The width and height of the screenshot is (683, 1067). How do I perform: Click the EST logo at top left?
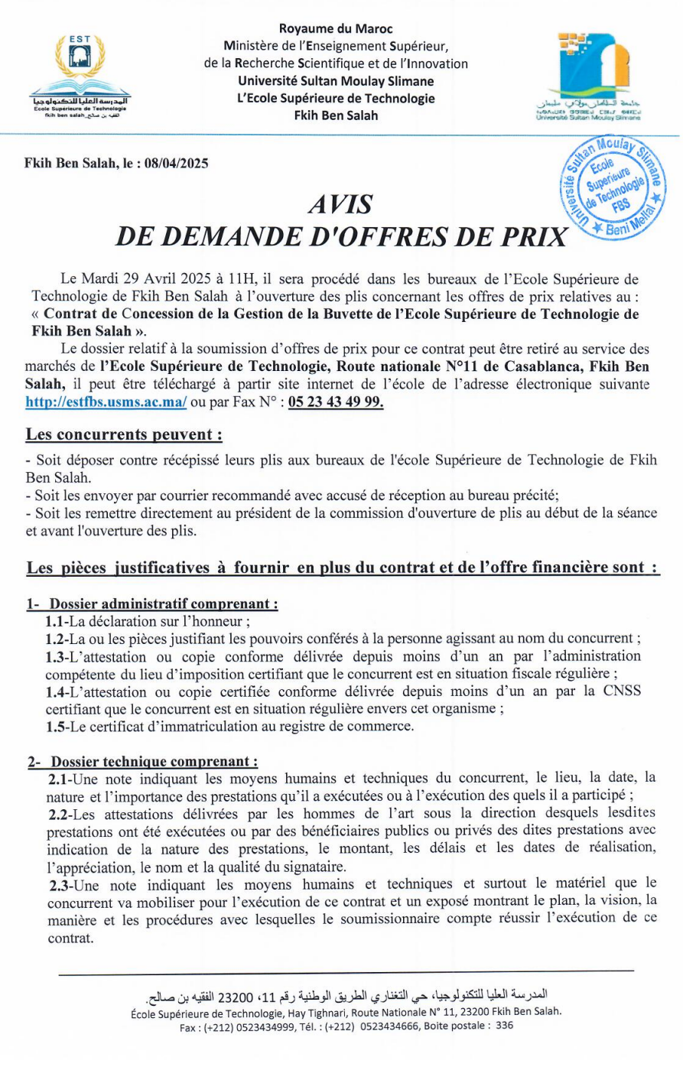[80, 75]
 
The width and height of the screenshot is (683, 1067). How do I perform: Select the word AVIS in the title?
[340, 205]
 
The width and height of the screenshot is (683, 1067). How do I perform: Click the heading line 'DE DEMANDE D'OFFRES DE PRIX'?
[341, 236]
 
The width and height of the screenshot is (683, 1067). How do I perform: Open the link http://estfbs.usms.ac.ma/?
[106, 402]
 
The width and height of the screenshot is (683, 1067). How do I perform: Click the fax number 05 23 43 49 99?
[336, 402]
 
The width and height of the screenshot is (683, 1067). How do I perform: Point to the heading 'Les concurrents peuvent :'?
[124, 434]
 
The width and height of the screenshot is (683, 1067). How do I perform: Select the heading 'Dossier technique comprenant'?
[154, 762]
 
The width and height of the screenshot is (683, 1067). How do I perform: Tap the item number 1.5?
[56, 726]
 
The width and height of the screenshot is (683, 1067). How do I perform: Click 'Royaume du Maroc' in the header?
[336, 29]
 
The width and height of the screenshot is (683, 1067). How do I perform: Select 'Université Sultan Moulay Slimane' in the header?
[336, 81]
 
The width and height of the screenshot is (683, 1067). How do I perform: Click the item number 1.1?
[56, 621]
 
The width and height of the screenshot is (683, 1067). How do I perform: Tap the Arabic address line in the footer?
[346, 997]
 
